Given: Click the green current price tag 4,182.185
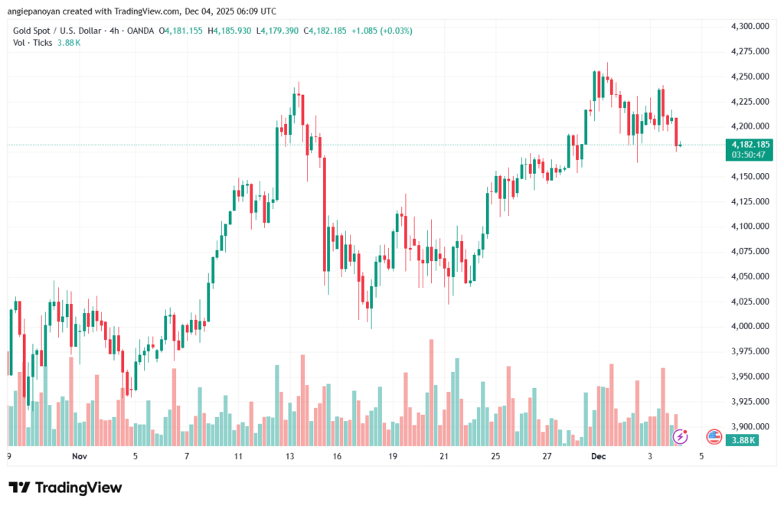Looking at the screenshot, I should point(750,144).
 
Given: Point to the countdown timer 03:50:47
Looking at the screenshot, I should point(750,155).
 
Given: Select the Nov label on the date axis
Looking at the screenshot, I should point(80,456).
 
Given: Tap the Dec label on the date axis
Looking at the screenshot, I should point(598,456).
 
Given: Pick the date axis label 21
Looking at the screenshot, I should point(444,456).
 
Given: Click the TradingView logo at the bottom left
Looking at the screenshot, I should point(65,488).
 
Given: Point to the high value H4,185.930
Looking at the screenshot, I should point(232,31).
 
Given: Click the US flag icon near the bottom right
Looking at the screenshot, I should point(714,437).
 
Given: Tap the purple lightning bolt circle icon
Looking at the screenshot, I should point(680,437).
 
